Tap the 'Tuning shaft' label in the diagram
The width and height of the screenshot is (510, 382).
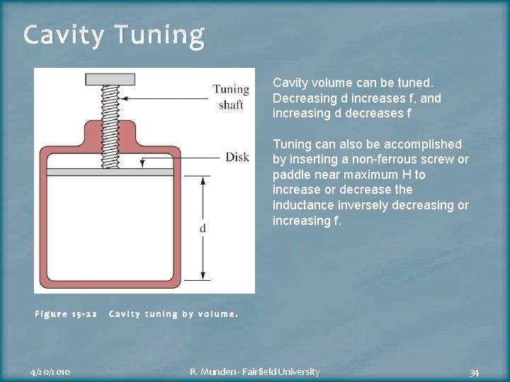[231, 97]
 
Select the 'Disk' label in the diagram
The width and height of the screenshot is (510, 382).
[237, 157]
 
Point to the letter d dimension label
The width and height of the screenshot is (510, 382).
[203, 228]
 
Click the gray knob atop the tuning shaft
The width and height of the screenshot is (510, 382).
[110, 79]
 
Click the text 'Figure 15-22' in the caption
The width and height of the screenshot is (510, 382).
[66, 314]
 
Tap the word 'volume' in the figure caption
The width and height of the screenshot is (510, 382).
[217, 314]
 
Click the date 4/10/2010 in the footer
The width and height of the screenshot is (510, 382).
[50, 371]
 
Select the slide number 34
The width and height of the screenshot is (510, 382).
[474, 372]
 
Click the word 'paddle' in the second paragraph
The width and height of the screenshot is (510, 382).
[290, 175]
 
